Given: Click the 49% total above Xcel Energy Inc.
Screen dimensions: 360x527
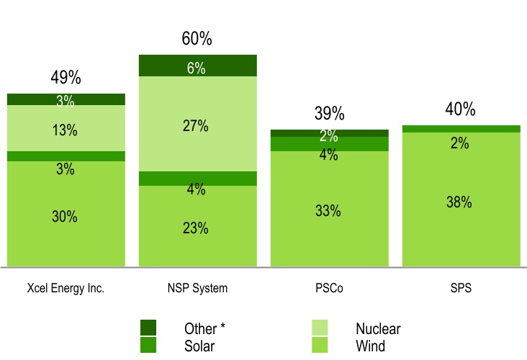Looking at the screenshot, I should [66, 77].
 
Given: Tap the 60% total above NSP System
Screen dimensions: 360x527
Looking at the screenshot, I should [197, 38].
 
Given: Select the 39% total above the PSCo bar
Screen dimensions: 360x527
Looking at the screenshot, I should [329, 113].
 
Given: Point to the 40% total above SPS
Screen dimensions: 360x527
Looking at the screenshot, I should [460, 109].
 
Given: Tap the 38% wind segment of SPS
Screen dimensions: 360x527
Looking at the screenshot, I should [460, 202].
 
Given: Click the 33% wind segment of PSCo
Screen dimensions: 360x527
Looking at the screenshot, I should [329, 210].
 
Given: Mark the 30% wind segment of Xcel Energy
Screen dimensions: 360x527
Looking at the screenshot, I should [66, 215].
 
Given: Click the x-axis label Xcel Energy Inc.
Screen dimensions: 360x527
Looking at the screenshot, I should [66, 289].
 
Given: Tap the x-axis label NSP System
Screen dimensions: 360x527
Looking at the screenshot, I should [197, 289].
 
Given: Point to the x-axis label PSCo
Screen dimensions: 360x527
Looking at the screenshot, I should [329, 289].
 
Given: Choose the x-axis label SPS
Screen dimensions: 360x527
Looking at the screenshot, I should [460, 289].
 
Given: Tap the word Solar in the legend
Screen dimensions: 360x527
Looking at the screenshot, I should [199, 346].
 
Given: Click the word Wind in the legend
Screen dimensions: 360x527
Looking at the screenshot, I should [371, 346].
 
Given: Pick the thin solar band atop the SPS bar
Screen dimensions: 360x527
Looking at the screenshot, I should [460, 129].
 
